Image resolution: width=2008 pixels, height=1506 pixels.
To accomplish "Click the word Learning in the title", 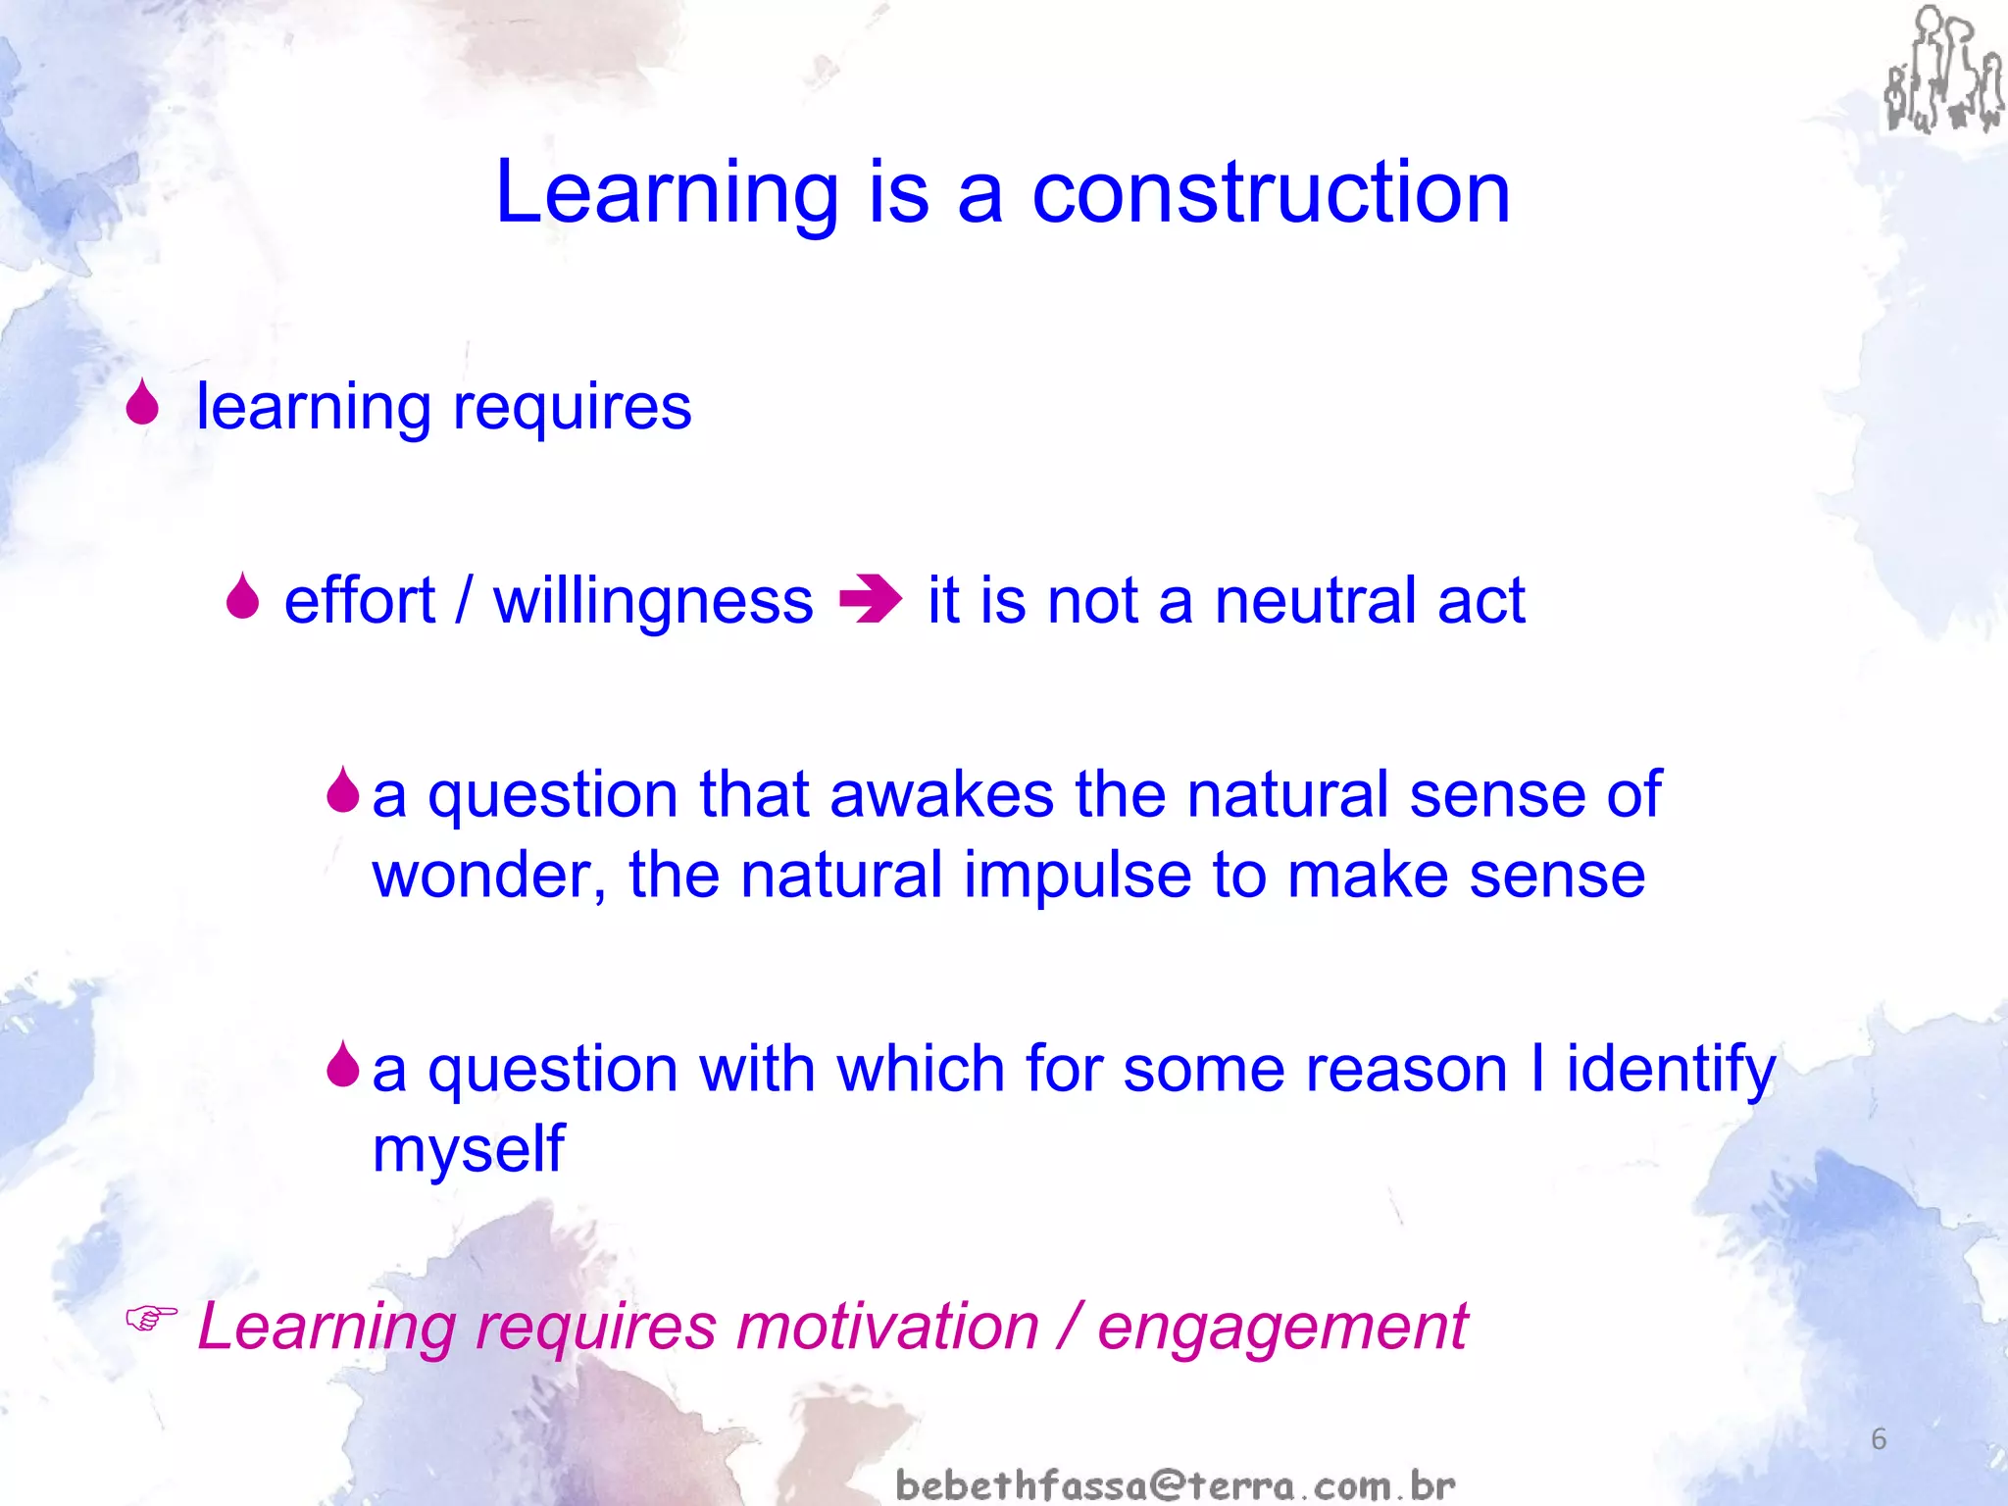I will pos(667,193).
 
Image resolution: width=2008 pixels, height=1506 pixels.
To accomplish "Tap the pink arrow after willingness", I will pos(871,600).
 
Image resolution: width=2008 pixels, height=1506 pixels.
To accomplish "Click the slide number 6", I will pos(1878,1438).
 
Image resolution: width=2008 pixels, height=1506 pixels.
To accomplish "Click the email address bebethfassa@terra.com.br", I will pos(1176,1484).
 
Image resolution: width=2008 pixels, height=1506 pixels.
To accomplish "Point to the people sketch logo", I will pos(1942,71).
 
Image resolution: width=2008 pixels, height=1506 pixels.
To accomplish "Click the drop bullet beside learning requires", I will pos(143,403).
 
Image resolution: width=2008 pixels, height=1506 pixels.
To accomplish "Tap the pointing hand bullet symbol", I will pos(151,1319).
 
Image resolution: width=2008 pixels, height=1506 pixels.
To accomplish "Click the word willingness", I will pos(653,600).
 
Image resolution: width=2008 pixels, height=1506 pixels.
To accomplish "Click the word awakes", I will pos(941,794).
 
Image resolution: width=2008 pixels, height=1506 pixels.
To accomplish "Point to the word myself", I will pos(469,1149).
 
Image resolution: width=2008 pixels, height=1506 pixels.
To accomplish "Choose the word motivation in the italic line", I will pos(887,1326).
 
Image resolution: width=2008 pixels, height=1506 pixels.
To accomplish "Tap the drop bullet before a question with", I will pos(343,1065).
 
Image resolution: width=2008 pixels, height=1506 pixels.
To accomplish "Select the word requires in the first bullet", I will pos(572,407).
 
